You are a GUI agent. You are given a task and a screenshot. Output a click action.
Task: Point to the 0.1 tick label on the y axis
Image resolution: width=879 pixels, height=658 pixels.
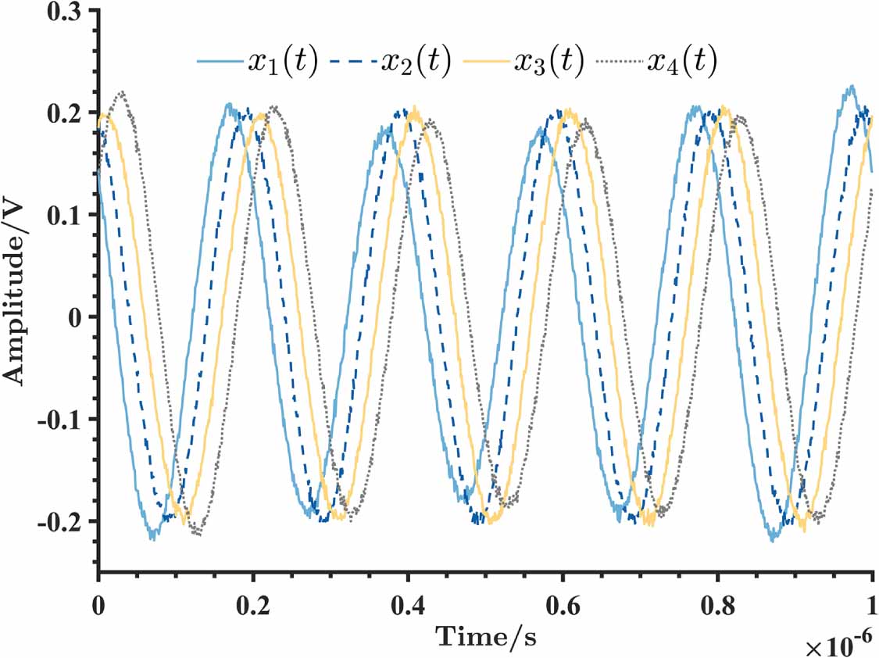pos(66,215)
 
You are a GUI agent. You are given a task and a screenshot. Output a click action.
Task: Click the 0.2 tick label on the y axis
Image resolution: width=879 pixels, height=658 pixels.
pos(66,113)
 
